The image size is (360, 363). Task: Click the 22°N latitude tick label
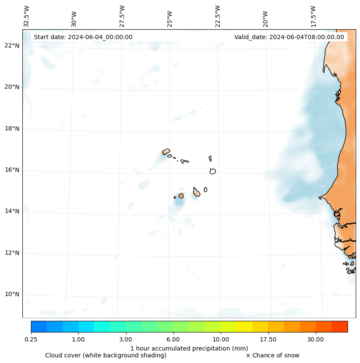pos(12,46)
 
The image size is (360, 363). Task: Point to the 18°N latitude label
pos(12,129)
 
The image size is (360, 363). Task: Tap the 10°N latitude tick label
pos(12,295)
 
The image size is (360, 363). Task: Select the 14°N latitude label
pos(12,211)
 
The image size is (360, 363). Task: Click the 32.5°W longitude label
pos(27,16)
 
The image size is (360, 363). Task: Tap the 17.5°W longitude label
pos(313,16)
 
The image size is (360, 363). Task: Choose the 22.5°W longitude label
pos(218,16)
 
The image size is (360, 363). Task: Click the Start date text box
pos(83,37)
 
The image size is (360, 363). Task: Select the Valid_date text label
pos(289,37)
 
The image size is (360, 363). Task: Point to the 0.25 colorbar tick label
pos(31,340)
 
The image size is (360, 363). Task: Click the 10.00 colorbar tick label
pos(221,340)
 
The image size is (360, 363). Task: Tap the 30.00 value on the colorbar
pos(316,340)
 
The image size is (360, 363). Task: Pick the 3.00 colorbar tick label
pos(126,340)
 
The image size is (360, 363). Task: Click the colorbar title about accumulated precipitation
pos(189,348)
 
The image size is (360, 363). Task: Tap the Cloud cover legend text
pos(106,355)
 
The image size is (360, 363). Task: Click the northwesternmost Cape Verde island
pos(166,151)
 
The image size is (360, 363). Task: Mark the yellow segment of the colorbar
pos(244,326)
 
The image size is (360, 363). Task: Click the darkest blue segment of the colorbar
pos(39,326)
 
